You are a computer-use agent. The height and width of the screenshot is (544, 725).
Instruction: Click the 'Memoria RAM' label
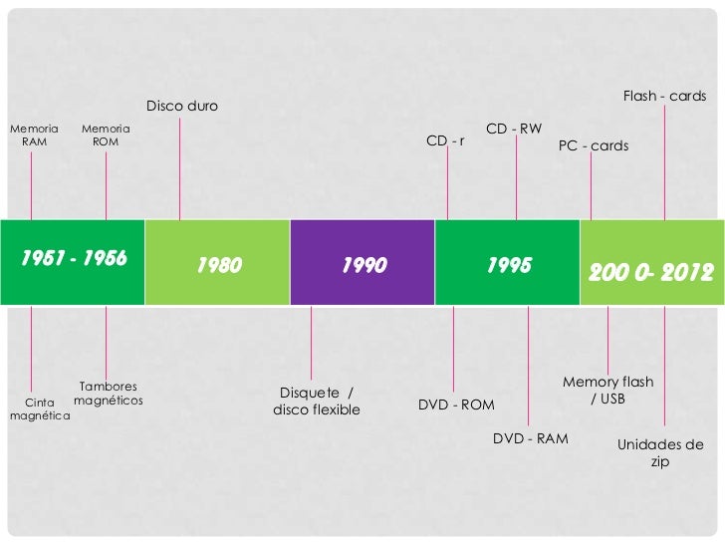34,136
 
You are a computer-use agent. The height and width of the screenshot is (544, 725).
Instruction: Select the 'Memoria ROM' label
106,136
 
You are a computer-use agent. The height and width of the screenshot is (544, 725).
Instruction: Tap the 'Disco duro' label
182,106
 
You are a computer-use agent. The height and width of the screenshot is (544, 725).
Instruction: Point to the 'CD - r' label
445,140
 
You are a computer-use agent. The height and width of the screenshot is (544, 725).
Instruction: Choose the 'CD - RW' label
514,129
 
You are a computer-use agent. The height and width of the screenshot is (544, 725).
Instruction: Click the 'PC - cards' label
594,145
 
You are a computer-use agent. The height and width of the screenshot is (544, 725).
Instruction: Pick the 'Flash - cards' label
664,97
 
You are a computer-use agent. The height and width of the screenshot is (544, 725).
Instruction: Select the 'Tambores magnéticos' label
109,394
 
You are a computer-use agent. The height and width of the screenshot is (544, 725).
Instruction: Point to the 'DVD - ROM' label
456,405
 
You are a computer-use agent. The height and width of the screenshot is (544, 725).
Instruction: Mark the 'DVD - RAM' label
531,438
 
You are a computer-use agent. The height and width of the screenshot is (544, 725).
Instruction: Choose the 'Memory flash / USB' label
607,390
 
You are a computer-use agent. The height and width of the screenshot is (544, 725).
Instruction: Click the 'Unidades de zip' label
660,453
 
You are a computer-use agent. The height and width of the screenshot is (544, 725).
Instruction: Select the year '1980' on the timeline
219,266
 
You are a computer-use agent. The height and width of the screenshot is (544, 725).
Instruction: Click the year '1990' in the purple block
363,266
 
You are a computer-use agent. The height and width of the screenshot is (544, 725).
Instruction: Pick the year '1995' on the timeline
509,265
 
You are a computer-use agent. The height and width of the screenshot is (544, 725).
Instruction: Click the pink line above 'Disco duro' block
180,169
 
